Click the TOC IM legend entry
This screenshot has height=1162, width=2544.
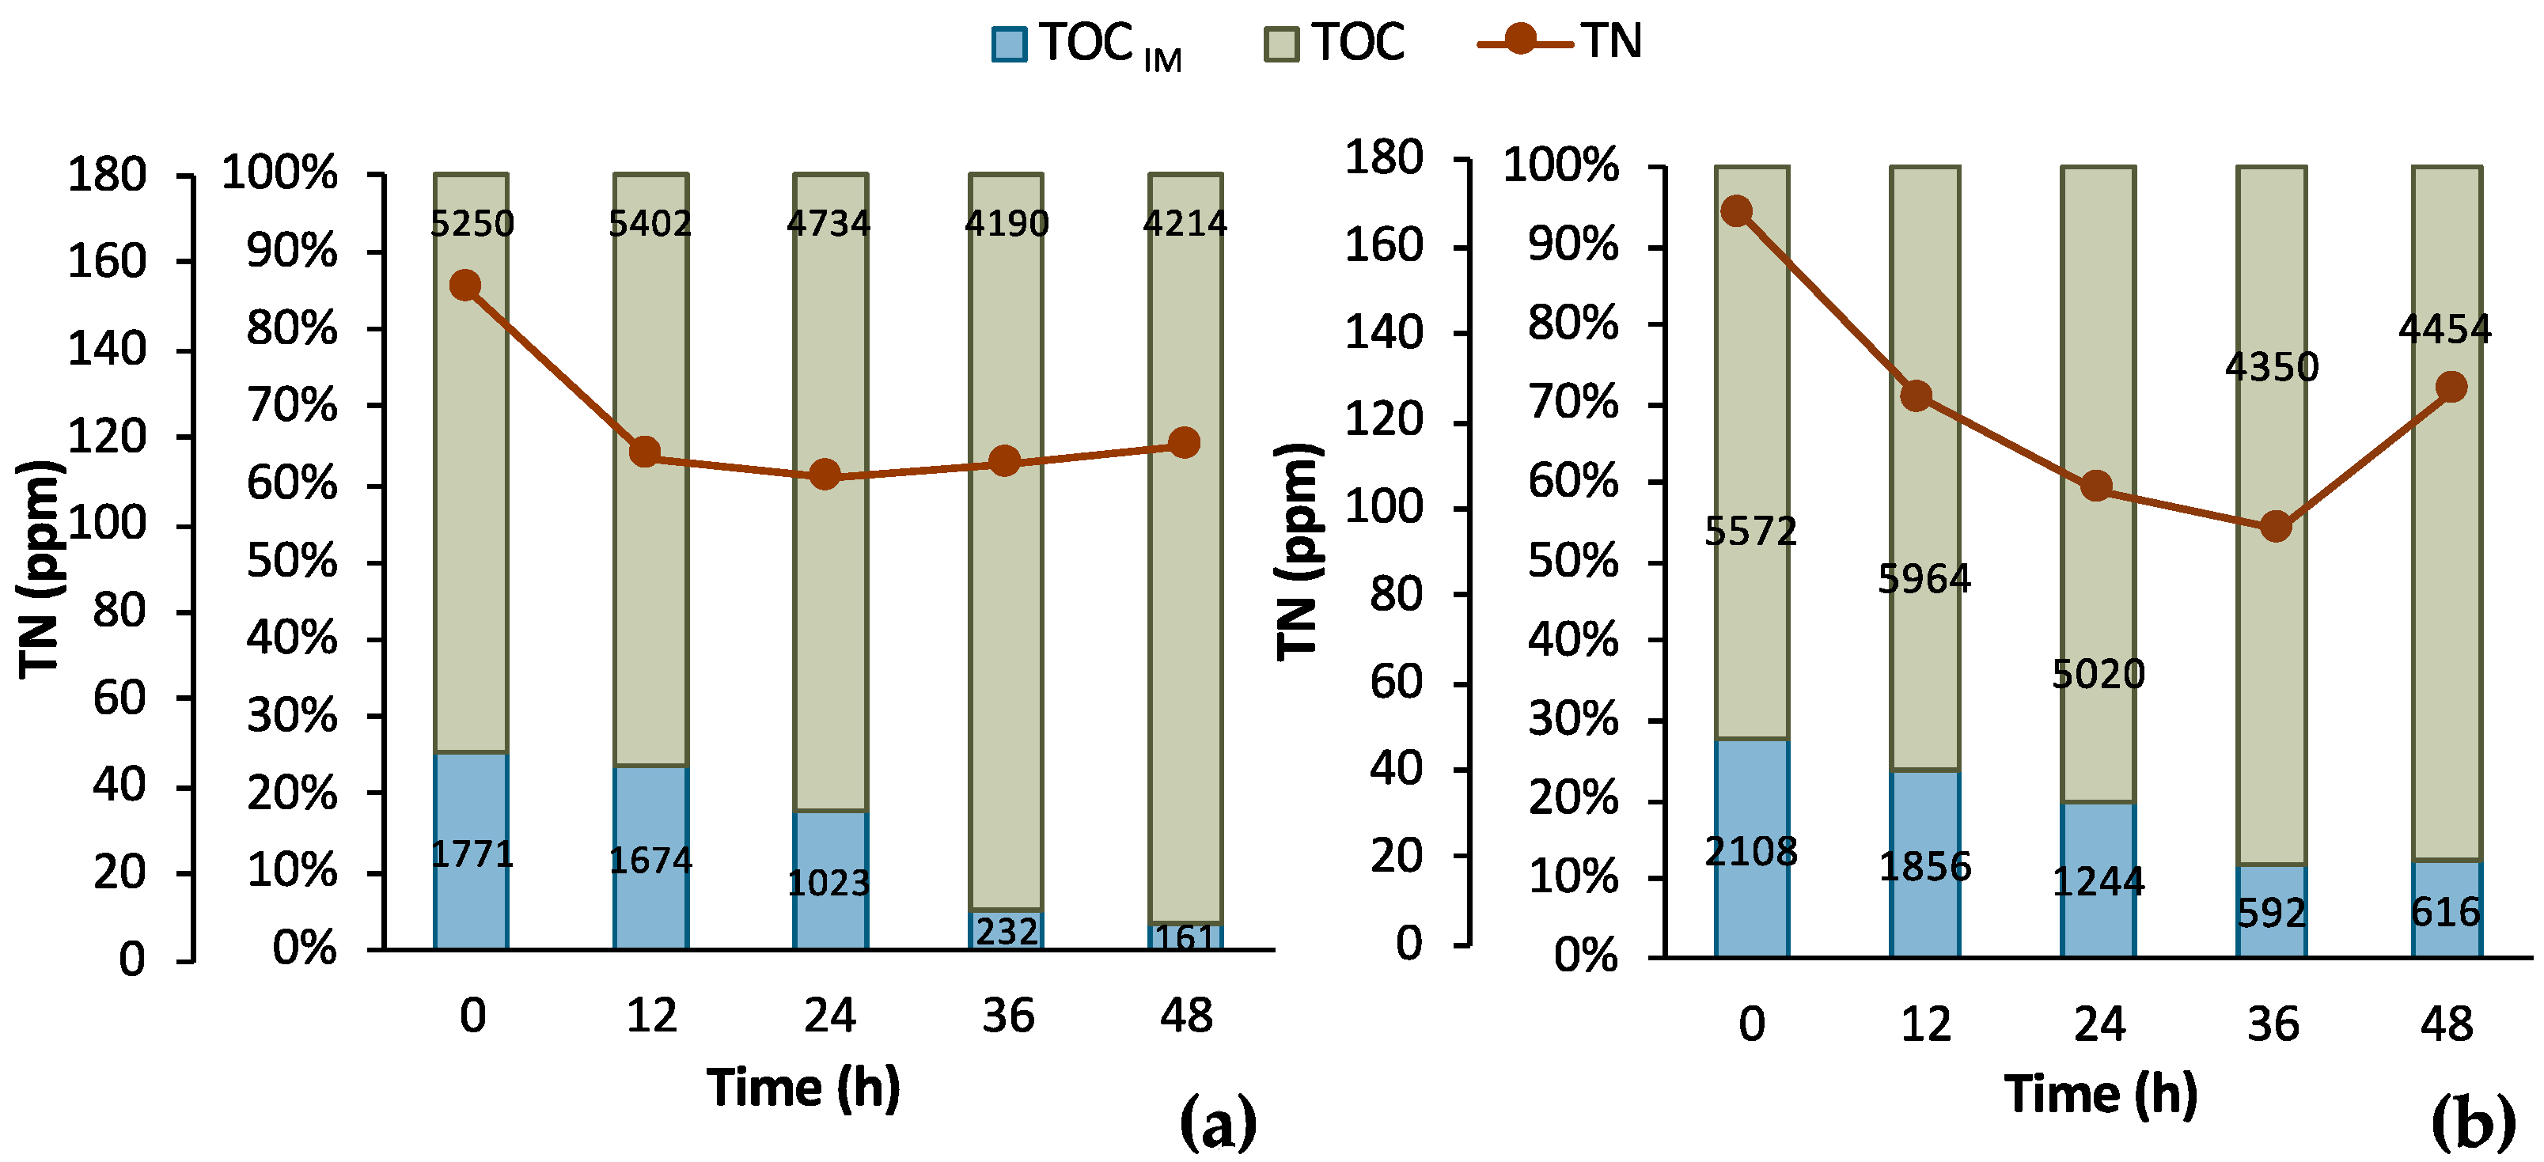pyautogui.click(x=1086, y=44)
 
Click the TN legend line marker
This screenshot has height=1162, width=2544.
pyautogui.click(x=1522, y=40)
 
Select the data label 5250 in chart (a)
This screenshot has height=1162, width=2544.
pyautogui.click(x=472, y=224)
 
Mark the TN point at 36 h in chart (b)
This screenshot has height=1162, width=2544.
pyautogui.click(x=2276, y=526)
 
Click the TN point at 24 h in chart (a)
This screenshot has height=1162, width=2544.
pyautogui.click(x=825, y=475)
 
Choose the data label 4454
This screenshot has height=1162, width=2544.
pyautogui.click(x=2444, y=329)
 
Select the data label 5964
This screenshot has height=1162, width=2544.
pyautogui.click(x=1924, y=578)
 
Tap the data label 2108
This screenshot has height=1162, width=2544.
pyautogui.click(x=1751, y=851)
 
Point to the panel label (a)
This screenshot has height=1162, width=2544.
pyautogui.click(x=1218, y=1122)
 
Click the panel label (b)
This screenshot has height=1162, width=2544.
pyautogui.click(x=2472, y=1122)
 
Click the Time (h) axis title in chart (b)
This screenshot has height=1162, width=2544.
pyautogui.click(x=2101, y=1094)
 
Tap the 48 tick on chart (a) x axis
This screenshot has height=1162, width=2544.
pyautogui.click(x=1185, y=1016)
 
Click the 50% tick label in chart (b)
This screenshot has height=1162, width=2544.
pyautogui.click(x=1572, y=562)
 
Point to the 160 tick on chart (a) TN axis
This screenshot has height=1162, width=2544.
pyautogui.click(x=107, y=262)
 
